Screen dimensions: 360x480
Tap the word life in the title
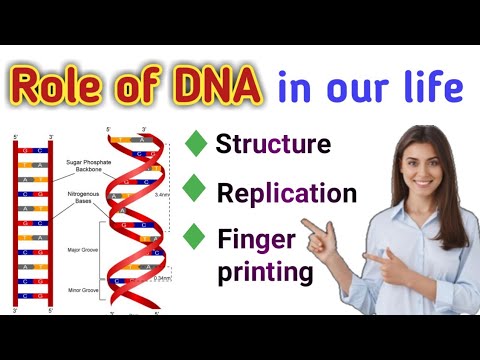432,89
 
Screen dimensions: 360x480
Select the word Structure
273,144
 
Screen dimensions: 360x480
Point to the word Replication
286,191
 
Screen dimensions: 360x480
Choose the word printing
264,270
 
